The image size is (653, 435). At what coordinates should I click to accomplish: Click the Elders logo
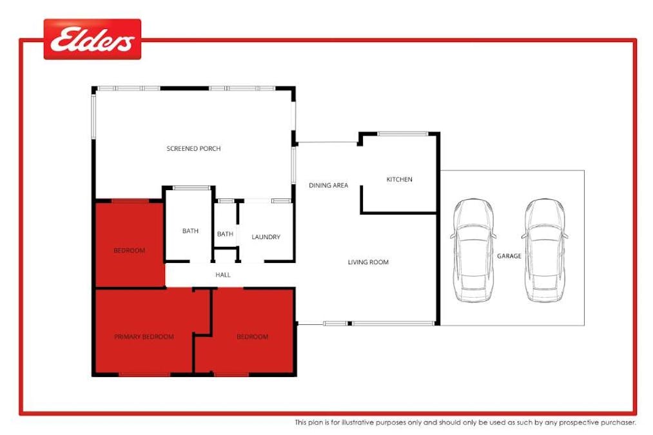coord(92,39)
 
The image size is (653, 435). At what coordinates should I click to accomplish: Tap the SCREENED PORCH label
coord(193,149)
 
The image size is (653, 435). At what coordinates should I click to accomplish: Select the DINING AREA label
coord(328,186)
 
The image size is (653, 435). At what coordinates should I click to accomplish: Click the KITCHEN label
coord(399,179)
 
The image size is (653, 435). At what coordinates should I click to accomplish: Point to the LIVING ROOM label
coord(368,262)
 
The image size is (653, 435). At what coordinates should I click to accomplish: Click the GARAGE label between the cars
coord(509,256)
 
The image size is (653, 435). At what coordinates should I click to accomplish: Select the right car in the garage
coord(545,250)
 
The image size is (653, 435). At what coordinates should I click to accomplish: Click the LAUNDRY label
coord(266,237)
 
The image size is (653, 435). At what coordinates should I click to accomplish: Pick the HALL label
coord(222,275)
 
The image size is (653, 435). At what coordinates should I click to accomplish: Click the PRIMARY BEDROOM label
coord(144,336)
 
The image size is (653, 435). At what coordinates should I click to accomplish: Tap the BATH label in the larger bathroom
coord(190,231)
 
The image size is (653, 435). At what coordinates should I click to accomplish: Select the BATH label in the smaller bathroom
coord(225,234)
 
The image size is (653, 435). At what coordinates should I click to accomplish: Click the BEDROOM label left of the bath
coord(129,250)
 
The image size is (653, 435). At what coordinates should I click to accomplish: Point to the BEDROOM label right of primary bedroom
coord(252,336)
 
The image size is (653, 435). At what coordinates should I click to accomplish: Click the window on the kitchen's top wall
coord(403,133)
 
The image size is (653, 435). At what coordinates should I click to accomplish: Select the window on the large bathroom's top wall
coord(191,188)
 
